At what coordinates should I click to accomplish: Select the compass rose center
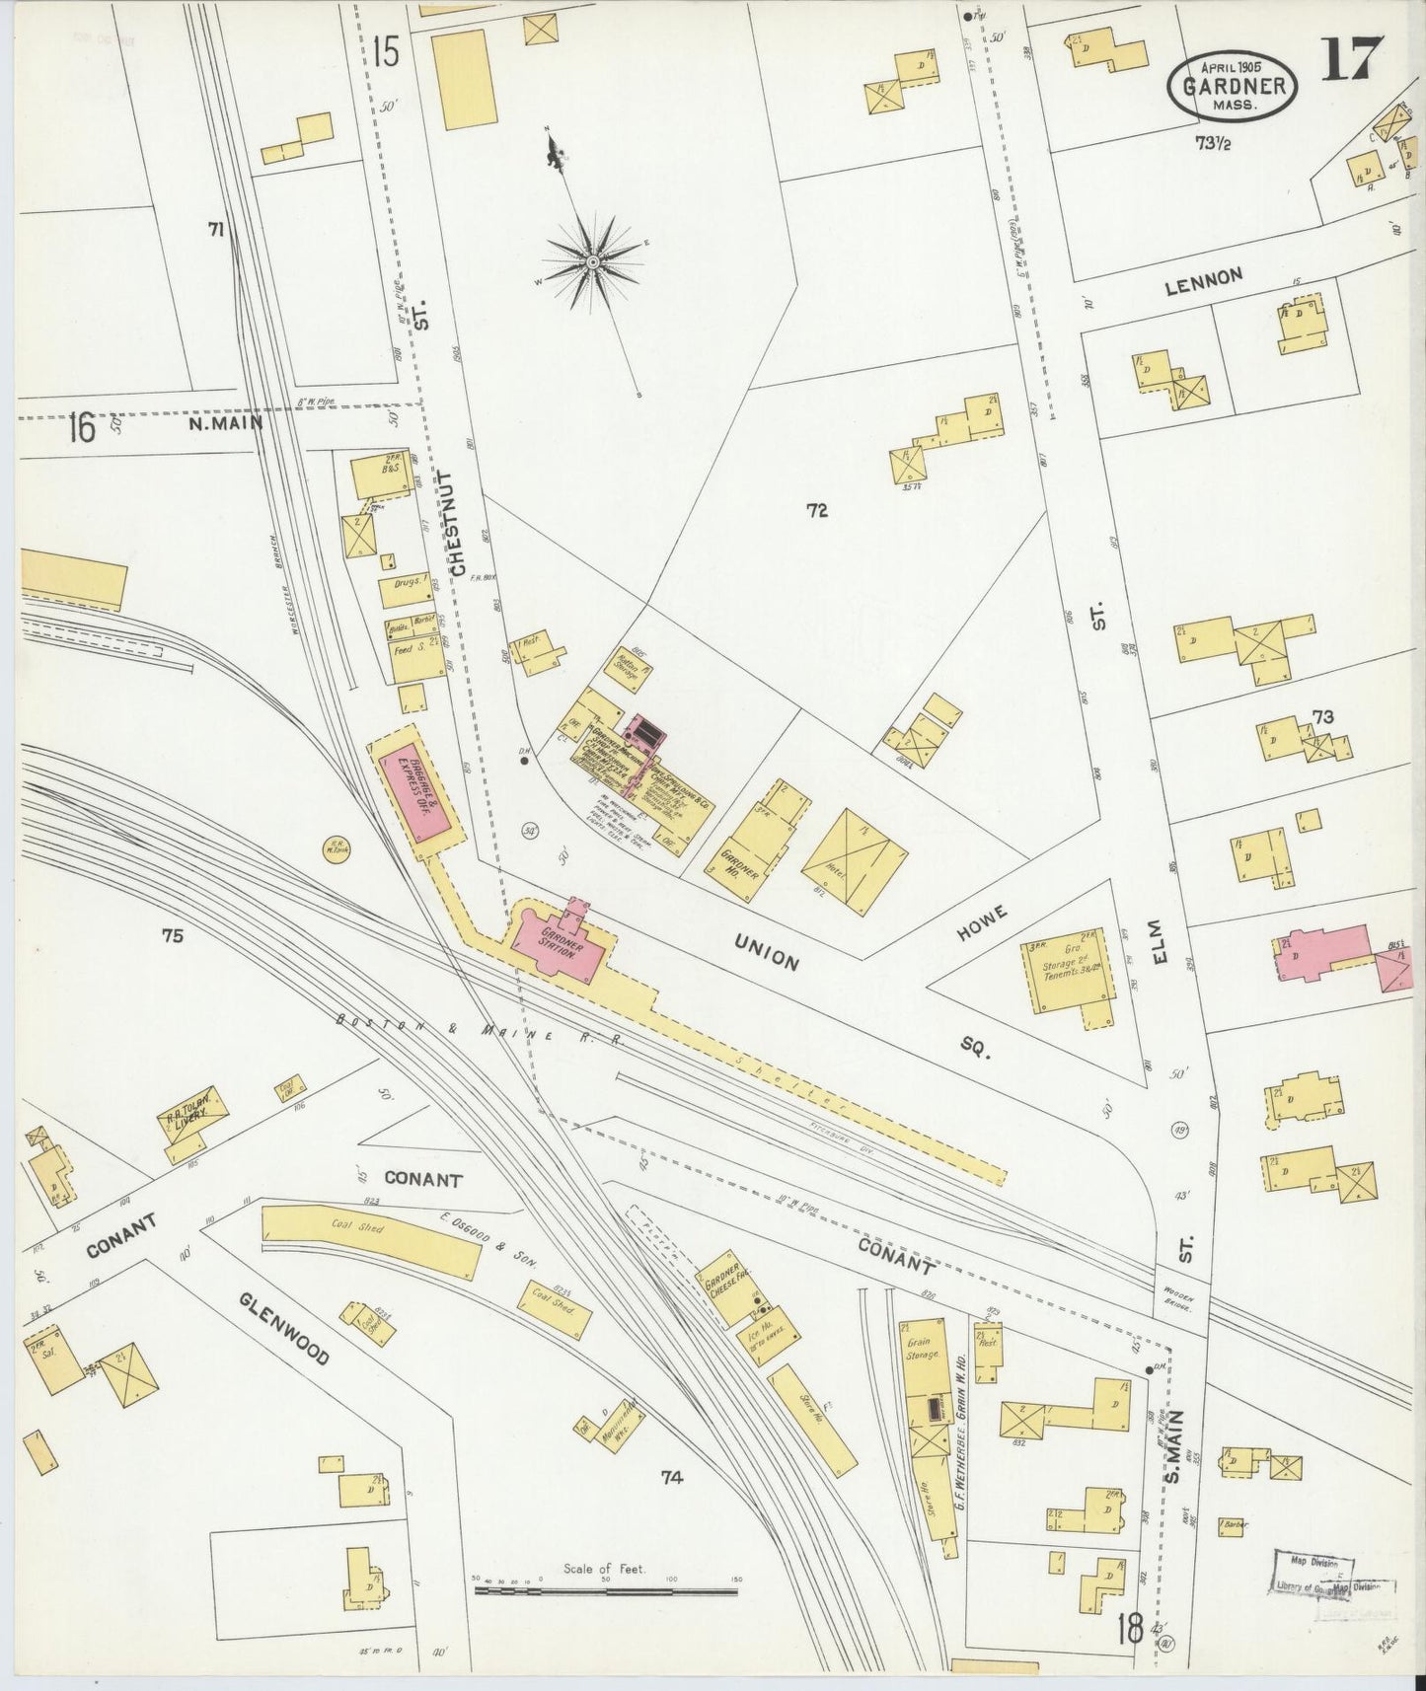coord(593,261)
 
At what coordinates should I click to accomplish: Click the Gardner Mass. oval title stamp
coord(1233,84)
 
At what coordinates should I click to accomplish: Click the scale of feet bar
coord(606,1590)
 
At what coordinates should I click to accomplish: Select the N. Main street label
coord(226,424)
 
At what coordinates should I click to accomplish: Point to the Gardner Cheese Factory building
coord(730,1289)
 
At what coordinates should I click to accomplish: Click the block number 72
coord(816,510)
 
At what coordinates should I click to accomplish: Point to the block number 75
coord(173,936)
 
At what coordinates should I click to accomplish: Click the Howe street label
coord(981,924)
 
